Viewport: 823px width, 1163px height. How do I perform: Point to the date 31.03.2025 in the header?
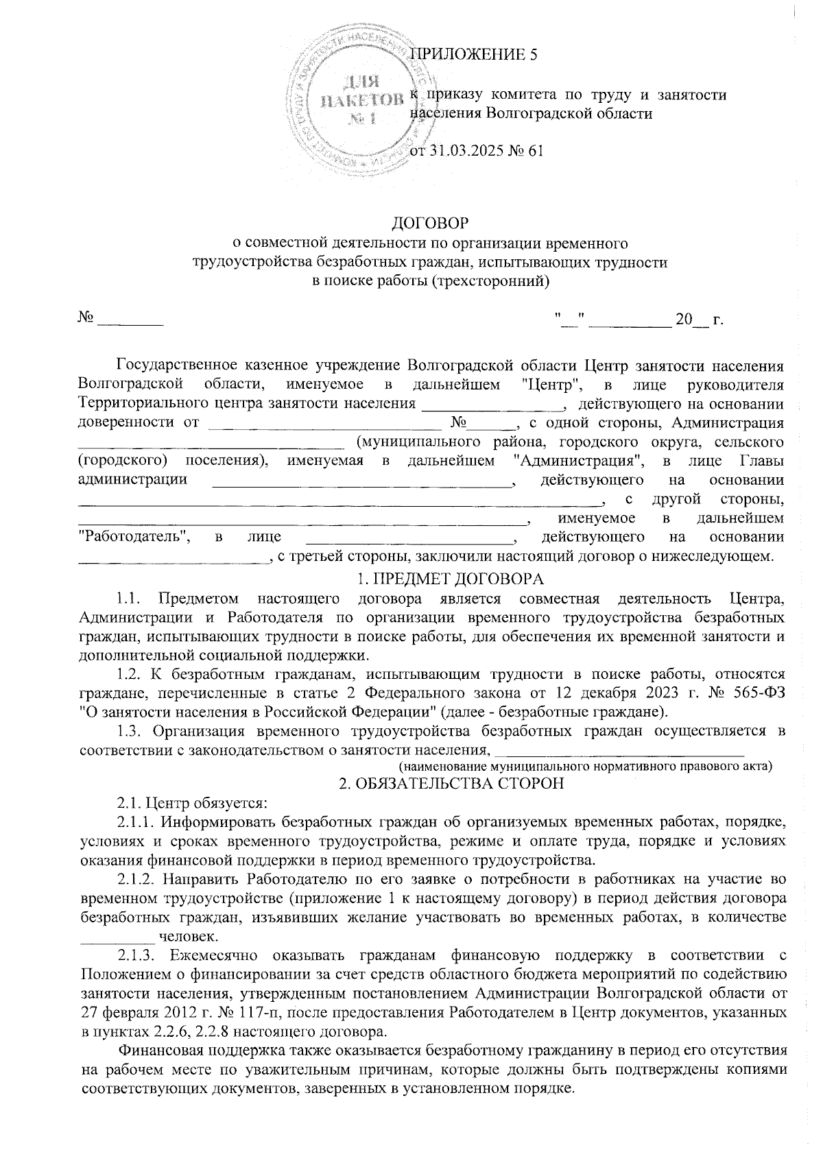tap(463, 151)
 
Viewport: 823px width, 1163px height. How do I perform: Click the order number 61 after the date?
tap(535, 151)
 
